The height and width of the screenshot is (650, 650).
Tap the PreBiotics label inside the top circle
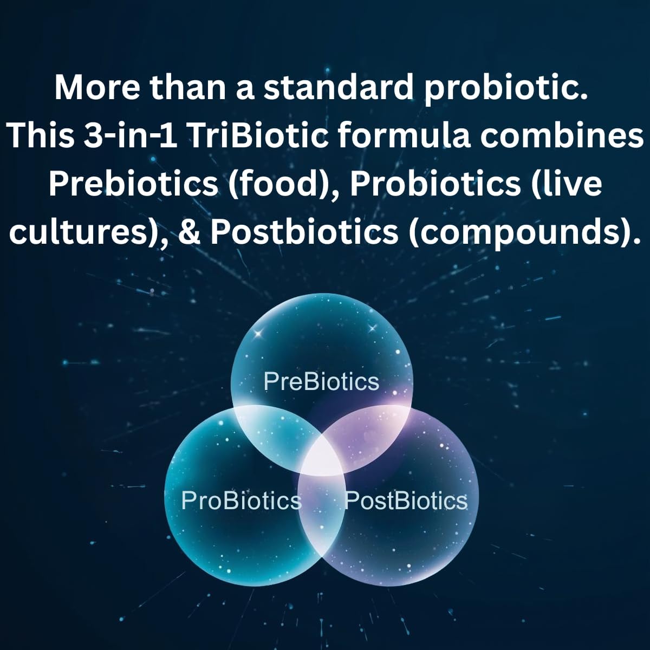(x=321, y=382)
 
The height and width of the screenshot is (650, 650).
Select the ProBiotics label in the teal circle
(x=241, y=500)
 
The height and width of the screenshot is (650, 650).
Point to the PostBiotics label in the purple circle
(x=406, y=500)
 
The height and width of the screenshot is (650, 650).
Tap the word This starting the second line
(x=41, y=135)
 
